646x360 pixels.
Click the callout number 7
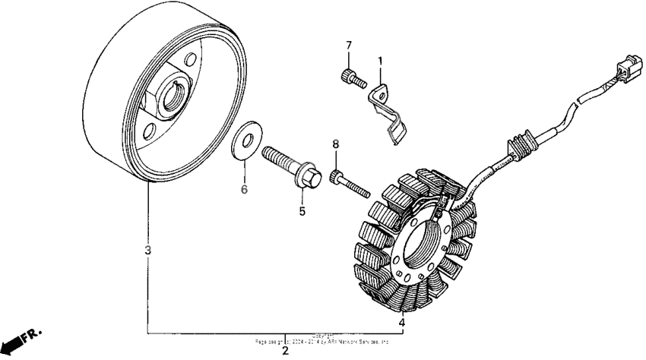tap(349, 46)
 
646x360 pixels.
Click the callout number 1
tap(381, 60)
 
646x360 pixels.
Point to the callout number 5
tap(301, 211)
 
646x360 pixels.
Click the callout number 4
tap(402, 322)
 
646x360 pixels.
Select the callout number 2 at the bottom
tap(285, 351)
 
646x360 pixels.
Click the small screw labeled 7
tap(350, 77)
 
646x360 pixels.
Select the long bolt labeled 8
tap(350, 182)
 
